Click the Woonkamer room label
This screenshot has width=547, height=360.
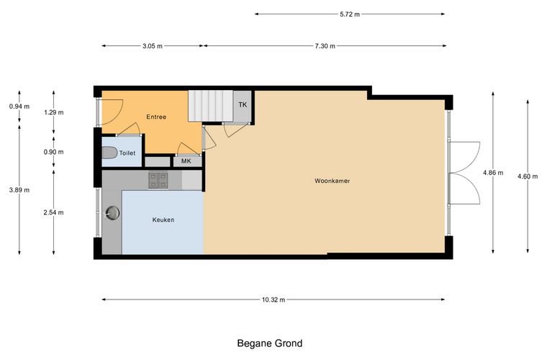tap(332, 181)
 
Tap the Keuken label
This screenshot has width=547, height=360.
tap(163, 220)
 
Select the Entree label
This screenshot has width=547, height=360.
tap(156, 117)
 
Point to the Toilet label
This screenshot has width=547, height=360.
tap(127, 153)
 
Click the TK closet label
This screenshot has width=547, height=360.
tap(243, 104)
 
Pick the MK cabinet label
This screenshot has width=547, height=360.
tap(186, 161)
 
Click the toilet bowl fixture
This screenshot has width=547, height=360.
tap(109, 153)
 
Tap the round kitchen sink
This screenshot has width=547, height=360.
tap(112, 212)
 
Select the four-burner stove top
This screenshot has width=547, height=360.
tap(158, 181)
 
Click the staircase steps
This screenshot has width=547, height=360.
tap(211, 106)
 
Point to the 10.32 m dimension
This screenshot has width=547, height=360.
tap(273, 300)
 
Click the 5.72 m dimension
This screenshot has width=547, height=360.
tap(350, 14)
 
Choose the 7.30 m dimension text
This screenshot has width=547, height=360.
tap(325, 46)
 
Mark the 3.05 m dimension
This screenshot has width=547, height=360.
tap(153, 46)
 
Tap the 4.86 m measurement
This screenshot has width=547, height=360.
tap(493, 172)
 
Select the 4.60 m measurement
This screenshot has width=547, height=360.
tap(528, 176)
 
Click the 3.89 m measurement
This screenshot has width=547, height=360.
tap(19, 190)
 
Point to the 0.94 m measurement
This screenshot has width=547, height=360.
tap(19, 107)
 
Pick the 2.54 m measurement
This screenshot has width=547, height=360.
tap(54, 212)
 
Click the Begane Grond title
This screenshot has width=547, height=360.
tap(270, 343)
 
